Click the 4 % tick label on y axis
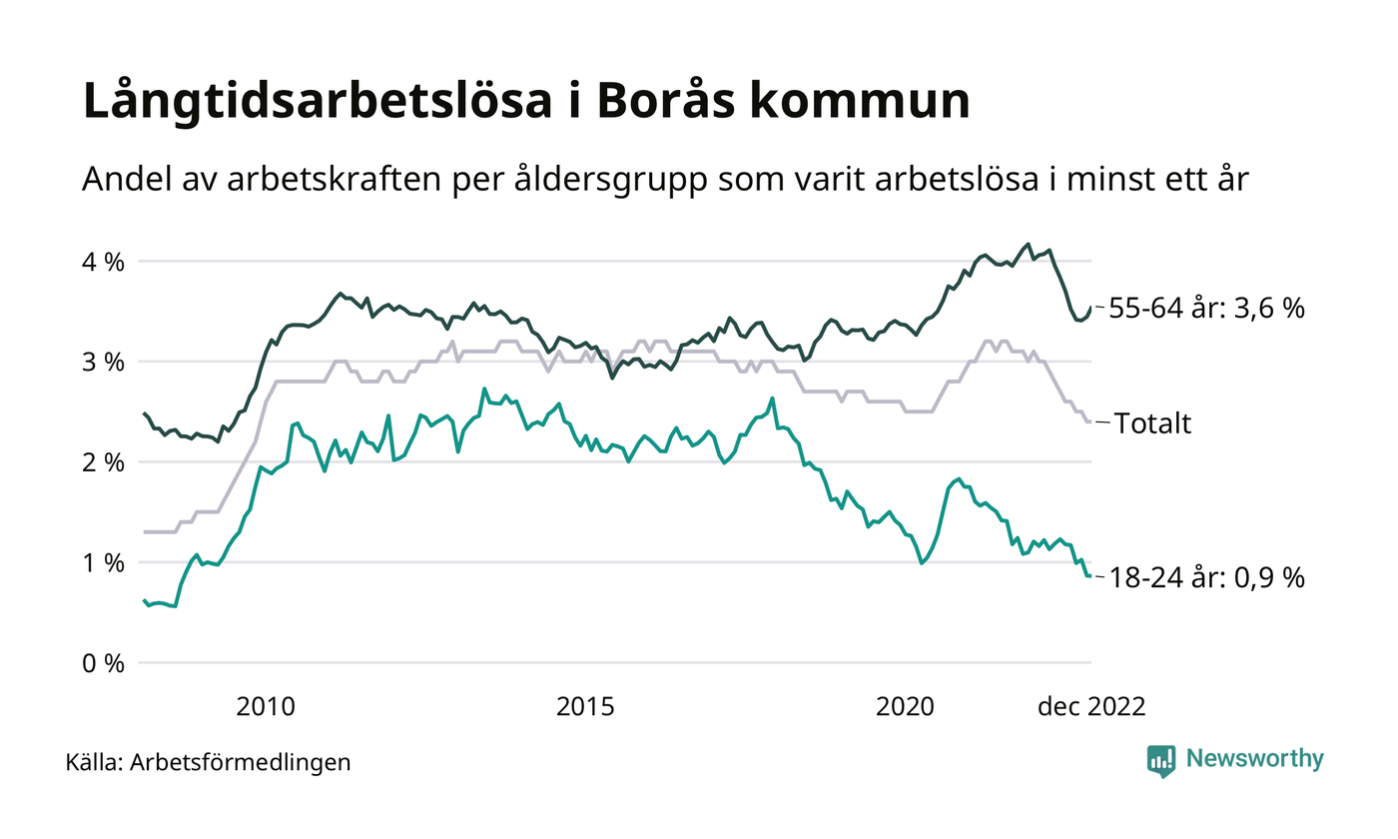[103, 263]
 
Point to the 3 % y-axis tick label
[103, 363]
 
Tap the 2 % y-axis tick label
[103, 462]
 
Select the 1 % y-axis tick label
[103, 563]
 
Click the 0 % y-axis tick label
[103, 663]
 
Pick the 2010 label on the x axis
[266, 706]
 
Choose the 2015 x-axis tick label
[585, 706]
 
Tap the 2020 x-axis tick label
[905, 706]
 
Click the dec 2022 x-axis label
[1091, 706]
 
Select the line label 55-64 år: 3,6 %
[1207, 309]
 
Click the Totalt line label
[1153, 423]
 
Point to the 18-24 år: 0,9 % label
[1207, 578]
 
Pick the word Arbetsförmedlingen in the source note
[241, 762]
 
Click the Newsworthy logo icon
[1161, 760]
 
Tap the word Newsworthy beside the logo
[1255, 759]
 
